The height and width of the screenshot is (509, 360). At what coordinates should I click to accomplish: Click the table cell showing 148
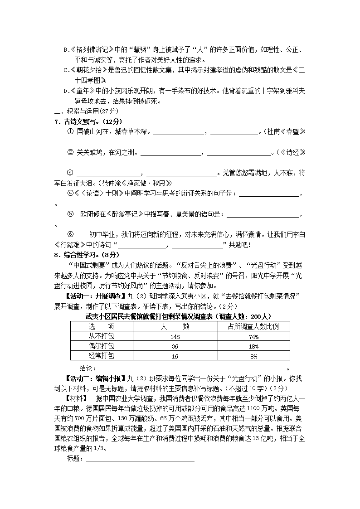pyautogui.click(x=175, y=337)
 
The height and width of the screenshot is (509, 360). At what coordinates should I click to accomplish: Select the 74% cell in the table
pyautogui.click(x=254, y=337)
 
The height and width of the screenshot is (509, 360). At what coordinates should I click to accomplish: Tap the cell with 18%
pyautogui.click(x=254, y=346)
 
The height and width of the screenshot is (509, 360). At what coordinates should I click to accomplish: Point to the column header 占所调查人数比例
pyautogui.click(x=254, y=326)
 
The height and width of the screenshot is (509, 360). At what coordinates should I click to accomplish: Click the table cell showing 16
pyautogui.click(x=175, y=356)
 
